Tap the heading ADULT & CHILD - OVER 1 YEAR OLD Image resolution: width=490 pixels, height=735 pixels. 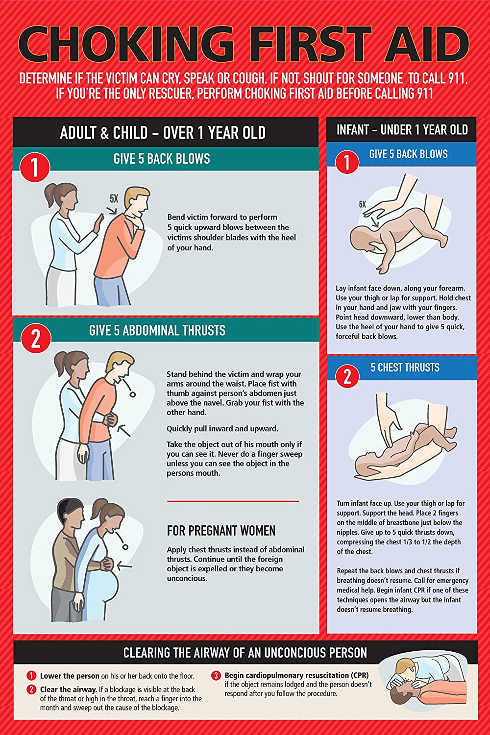pyautogui.click(x=163, y=133)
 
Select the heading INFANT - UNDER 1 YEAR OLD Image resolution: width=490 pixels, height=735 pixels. pyautogui.click(x=402, y=130)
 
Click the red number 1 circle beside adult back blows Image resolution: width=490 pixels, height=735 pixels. pyautogui.click(x=35, y=167)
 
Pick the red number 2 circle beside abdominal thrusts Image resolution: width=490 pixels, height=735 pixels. pyautogui.click(x=36, y=338)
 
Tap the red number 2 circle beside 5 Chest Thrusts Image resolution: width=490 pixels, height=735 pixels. pyautogui.click(x=347, y=376)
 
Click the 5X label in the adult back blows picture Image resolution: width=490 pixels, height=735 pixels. pyautogui.click(x=114, y=199)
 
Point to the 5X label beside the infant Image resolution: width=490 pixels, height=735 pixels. pyautogui.click(x=362, y=204)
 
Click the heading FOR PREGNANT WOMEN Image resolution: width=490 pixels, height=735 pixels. pyautogui.click(x=221, y=531)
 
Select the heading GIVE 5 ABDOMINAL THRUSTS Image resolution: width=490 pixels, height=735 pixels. pyautogui.click(x=157, y=331)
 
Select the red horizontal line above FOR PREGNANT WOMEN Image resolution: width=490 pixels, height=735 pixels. pyautogui.click(x=233, y=501)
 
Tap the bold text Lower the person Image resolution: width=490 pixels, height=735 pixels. pyautogui.click(x=70, y=676)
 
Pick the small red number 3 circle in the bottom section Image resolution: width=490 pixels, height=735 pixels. pyautogui.click(x=216, y=676)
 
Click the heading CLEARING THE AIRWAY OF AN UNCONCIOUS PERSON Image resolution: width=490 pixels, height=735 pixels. pyautogui.click(x=245, y=653)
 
